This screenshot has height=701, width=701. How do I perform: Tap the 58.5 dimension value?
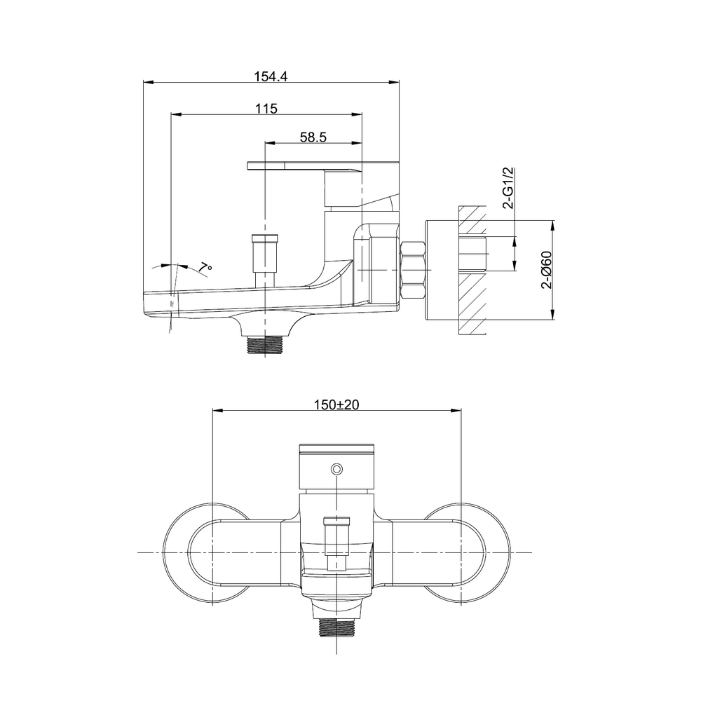click(x=313, y=137)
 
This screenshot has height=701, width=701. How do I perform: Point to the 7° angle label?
click(x=204, y=266)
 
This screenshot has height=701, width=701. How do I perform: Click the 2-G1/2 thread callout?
click(x=510, y=188)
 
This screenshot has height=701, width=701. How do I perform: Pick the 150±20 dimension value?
click(x=336, y=405)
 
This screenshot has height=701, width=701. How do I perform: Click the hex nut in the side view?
click(x=412, y=271)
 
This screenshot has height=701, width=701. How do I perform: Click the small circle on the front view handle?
click(x=336, y=468)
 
